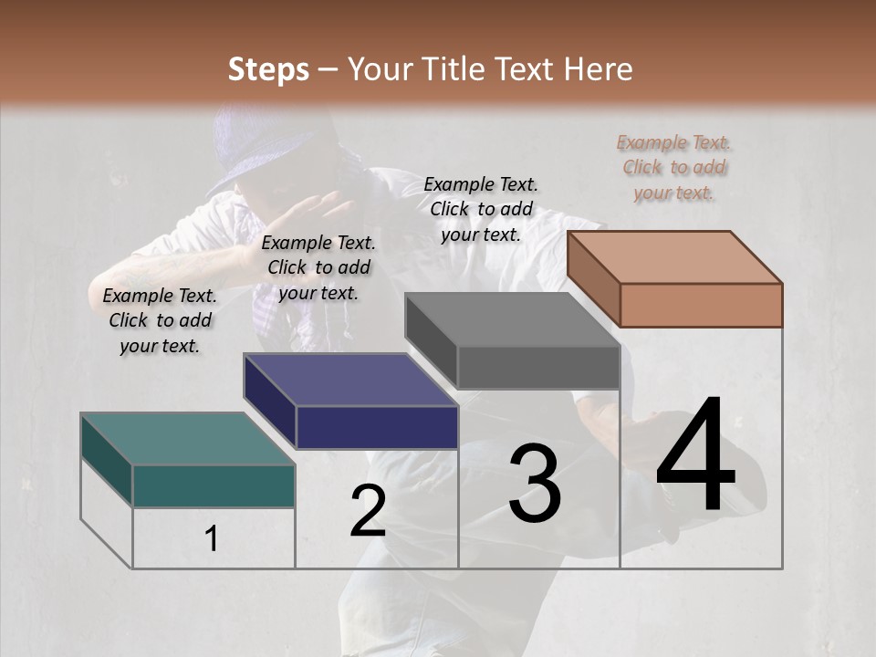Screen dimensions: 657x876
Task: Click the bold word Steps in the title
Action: pos(268,69)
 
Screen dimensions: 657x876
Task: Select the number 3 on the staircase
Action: pos(535,484)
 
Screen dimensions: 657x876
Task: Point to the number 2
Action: pos(368,512)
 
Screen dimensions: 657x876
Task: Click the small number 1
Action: pos(212,539)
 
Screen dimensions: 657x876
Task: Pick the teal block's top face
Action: pos(187,438)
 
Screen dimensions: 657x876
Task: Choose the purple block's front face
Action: pos(377,427)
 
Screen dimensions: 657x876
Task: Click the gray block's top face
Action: pos(511,319)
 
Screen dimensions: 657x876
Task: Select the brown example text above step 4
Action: pos(673,167)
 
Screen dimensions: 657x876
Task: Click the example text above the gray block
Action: pos(481,209)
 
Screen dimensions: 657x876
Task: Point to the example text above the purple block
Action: pos(318,267)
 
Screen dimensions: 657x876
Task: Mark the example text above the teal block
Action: pos(160,320)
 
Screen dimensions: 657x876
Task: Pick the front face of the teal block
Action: pos(214,485)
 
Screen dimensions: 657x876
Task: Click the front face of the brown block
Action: pos(701,305)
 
